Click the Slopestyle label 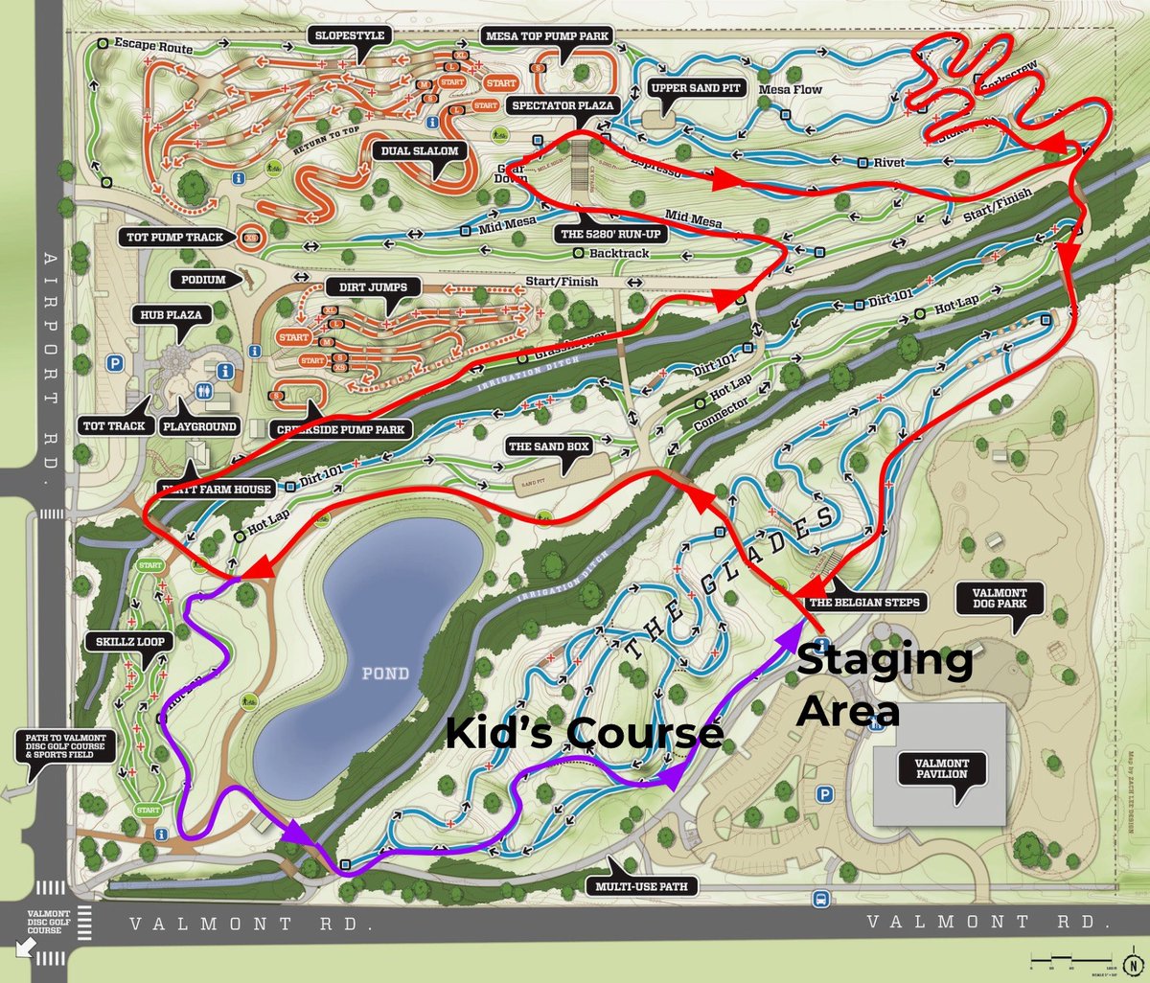coord(350,35)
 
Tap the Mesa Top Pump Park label coord(546,36)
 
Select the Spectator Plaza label coord(563,105)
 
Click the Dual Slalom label coord(420,151)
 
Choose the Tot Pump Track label coord(174,237)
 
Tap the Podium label coord(203,280)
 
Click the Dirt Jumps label coord(373,287)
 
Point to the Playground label coord(199,426)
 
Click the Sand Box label coord(549,446)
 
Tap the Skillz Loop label coord(130,640)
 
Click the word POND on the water coord(385,674)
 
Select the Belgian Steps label coord(864,603)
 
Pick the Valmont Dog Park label coord(1000,599)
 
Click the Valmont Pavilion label coord(941,768)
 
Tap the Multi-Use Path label coord(640,886)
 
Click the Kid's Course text coord(584,733)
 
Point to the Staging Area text coord(884,685)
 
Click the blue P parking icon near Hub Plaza coord(116,363)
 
